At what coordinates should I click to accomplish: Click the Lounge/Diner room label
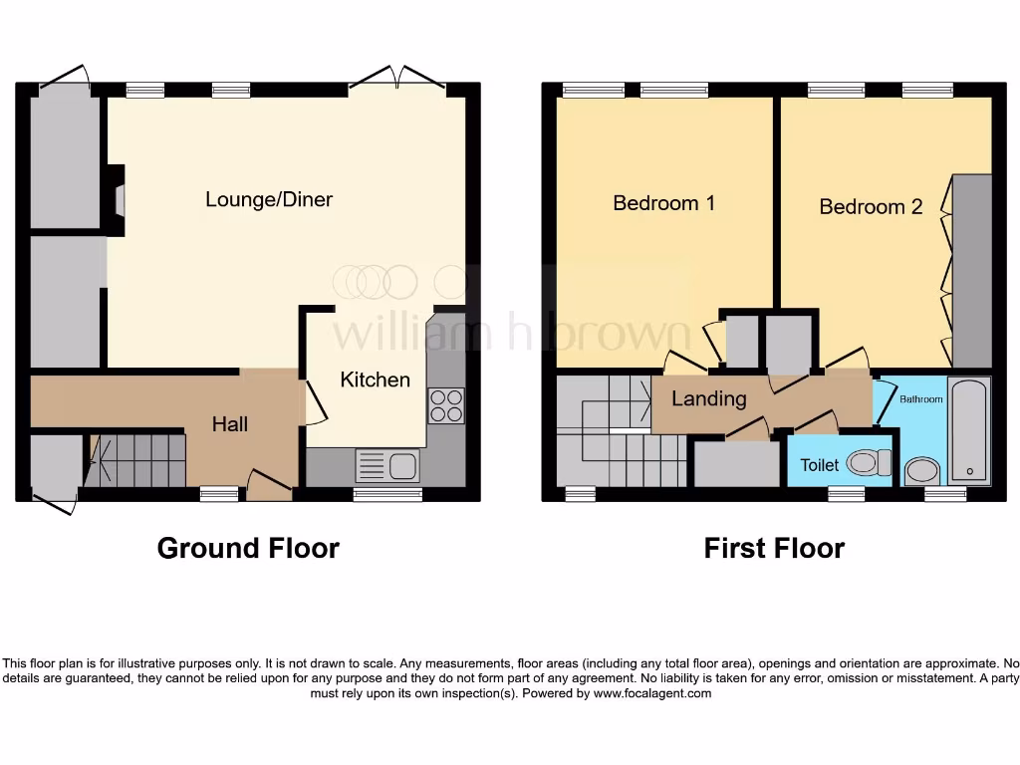pos(269,199)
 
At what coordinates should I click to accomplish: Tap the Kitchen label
pos(375,380)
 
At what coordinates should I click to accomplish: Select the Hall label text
pos(230,424)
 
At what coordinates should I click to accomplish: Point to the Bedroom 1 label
pos(663,203)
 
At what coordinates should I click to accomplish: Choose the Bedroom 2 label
pos(871,207)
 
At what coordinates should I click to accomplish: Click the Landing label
pos(708,399)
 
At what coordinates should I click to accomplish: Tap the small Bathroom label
pos(920,399)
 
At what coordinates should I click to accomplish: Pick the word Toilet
pos(819,465)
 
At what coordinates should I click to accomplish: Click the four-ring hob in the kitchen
pos(445,404)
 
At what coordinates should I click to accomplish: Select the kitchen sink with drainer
pos(387,466)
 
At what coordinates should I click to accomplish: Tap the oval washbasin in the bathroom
pos(923,470)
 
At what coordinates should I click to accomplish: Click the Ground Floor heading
pos(248,548)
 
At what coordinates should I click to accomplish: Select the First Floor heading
pos(774,548)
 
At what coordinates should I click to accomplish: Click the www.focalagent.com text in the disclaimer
pos(651,693)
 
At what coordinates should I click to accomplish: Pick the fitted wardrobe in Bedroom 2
pos(972,271)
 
